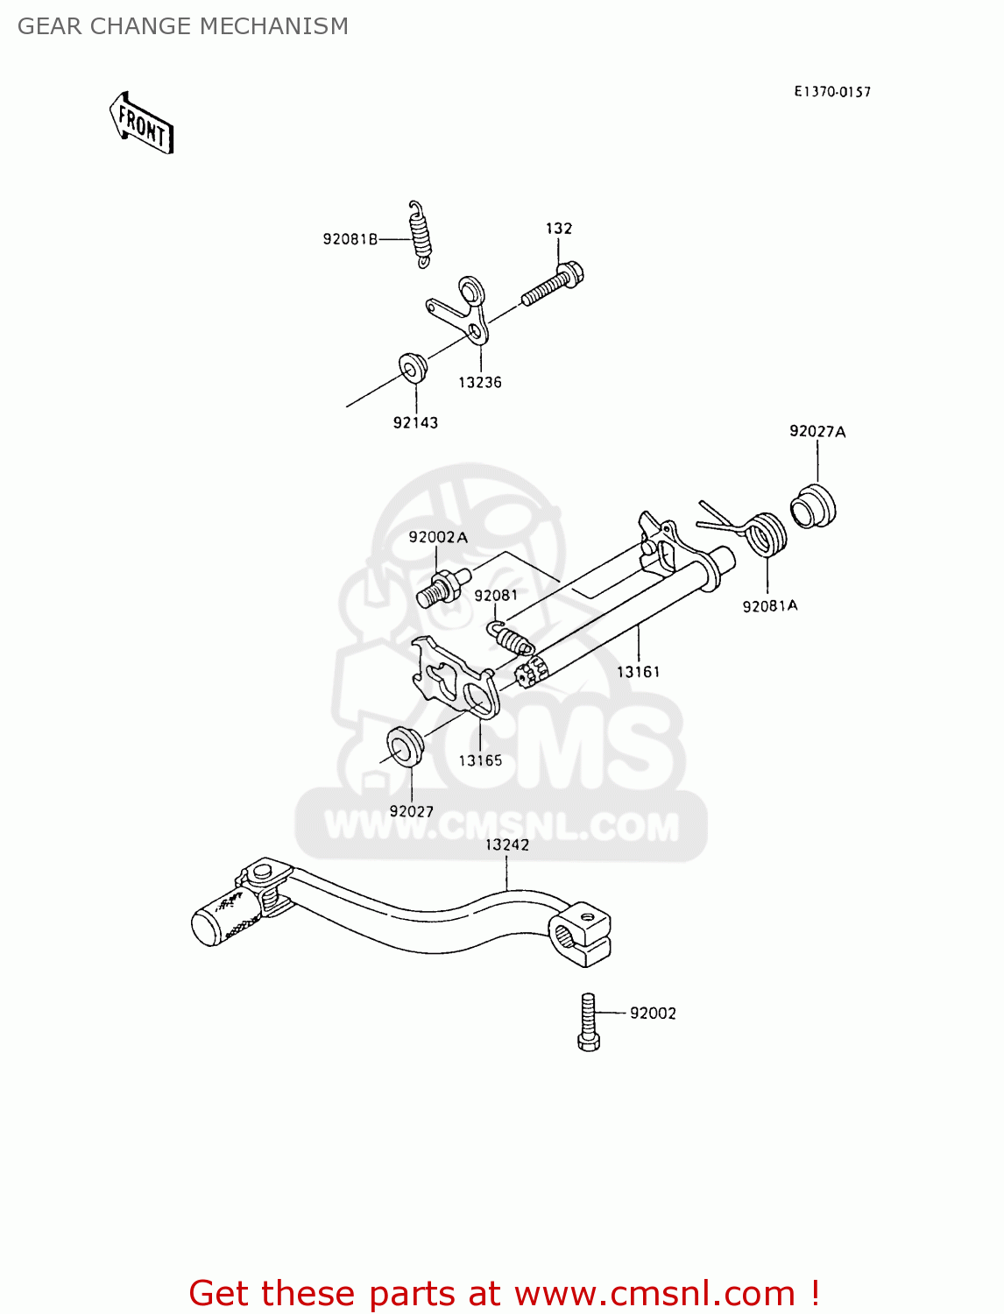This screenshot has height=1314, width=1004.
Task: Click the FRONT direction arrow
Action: point(142,124)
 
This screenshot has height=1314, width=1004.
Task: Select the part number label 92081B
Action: point(350,239)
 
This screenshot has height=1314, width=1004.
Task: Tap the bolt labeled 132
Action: point(553,283)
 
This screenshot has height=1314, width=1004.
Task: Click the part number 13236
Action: point(480,382)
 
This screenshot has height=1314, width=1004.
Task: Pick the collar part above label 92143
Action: point(412,367)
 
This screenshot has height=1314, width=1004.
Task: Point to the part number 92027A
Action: point(817,431)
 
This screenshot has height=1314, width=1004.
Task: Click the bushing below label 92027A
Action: point(813,507)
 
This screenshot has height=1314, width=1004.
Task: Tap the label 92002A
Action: point(438,537)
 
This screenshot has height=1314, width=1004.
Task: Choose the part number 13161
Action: point(639,672)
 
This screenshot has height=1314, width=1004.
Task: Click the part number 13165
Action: point(480,760)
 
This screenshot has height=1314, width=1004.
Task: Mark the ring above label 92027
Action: point(406,745)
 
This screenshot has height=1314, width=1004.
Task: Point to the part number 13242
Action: point(507,844)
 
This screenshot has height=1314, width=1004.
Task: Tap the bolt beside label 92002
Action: point(589,1021)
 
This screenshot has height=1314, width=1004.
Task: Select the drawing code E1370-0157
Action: point(832,92)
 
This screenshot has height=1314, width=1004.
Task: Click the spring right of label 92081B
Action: point(421,233)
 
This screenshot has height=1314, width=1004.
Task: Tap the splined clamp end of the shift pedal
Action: point(580,937)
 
